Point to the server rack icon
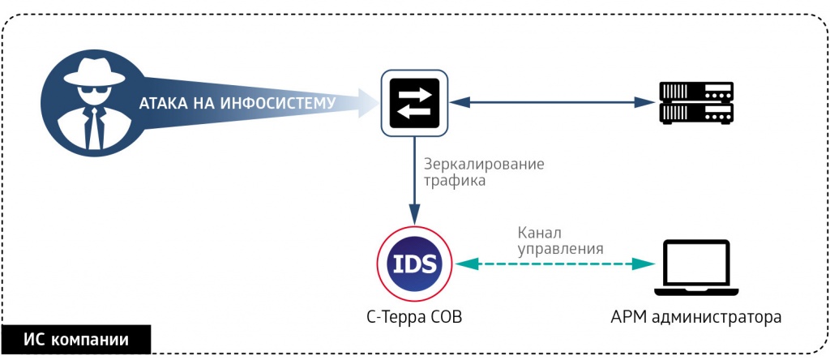coord(696,102)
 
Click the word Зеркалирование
coord(484,164)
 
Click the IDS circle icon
coord(414,264)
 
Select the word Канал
coord(538,232)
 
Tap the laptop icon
coord(696,267)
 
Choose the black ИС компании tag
coord(75,338)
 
